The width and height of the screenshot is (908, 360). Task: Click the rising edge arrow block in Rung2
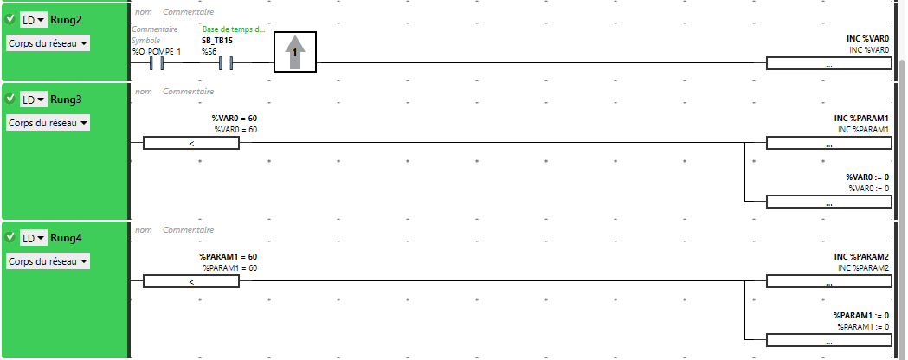pyautogui.click(x=295, y=52)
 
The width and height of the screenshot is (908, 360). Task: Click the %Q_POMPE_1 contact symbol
pyautogui.click(x=157, y=62)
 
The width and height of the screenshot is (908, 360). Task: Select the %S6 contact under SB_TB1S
pyautogui.click(x=226, y=62)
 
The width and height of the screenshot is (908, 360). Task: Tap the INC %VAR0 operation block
pyautogui.click(x=828, y=63)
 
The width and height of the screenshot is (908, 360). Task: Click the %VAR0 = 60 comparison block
pyautogui.click(x=191, y=143)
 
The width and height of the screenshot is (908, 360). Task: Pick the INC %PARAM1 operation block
pyautogui.click(x=828, y=143)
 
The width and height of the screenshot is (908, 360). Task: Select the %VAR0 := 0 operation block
pyautogui.click(x=828, y=202)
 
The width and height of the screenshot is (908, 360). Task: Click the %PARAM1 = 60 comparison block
pyautogui.click(x=191, y=281)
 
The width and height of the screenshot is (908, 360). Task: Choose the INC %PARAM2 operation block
pyautogui.click(x=828, y=281)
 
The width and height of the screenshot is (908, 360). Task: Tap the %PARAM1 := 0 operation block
pyautogui.click(x=828, y=340)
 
